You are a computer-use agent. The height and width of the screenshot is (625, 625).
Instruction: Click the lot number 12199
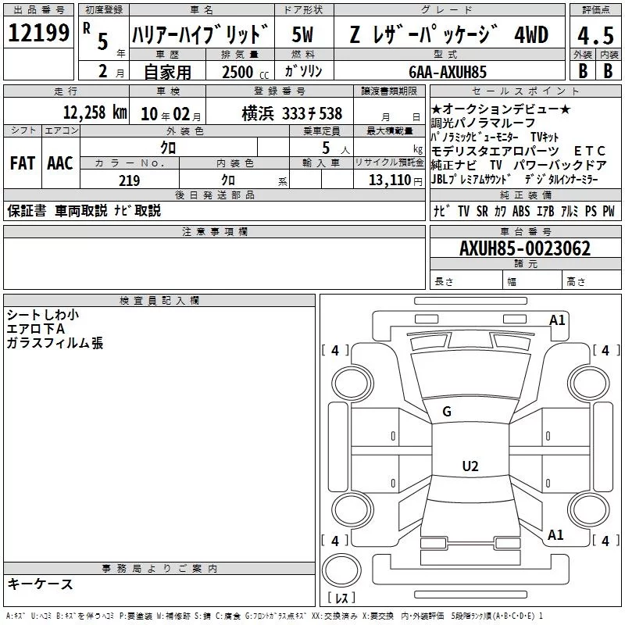(38, 33)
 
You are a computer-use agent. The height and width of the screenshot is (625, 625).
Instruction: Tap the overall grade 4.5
(595, 36)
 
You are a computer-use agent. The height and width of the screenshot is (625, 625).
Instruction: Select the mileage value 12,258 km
(95, 112)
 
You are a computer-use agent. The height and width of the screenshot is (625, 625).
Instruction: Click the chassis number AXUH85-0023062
(525, 248)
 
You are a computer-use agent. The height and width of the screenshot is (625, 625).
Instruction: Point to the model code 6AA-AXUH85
(448, 72)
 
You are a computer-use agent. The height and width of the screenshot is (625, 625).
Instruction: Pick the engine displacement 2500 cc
(245, 72)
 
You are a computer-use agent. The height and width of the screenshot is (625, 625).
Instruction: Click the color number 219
(130, 180)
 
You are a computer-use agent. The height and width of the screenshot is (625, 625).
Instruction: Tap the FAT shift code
(23, 163)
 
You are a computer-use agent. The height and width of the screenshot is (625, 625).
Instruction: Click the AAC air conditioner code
(60, 163)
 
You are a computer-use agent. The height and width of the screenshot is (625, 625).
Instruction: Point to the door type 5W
(302, 34)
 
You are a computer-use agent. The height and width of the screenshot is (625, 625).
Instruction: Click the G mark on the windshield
(447, 412)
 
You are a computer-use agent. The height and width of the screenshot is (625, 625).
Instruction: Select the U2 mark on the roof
(470, 466)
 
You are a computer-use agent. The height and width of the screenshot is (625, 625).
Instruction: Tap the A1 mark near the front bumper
(557, 320)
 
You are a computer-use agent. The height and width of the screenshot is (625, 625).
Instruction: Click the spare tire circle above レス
(341, 571)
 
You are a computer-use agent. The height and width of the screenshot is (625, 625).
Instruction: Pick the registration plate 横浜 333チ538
(291, 114)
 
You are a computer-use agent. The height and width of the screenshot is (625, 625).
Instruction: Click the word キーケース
(40, 584)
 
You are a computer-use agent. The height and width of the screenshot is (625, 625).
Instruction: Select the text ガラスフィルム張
(55, 343)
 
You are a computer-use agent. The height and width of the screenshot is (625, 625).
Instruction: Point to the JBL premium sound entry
(471, 180)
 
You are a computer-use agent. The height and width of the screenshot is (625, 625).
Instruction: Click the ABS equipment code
(521, 211)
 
